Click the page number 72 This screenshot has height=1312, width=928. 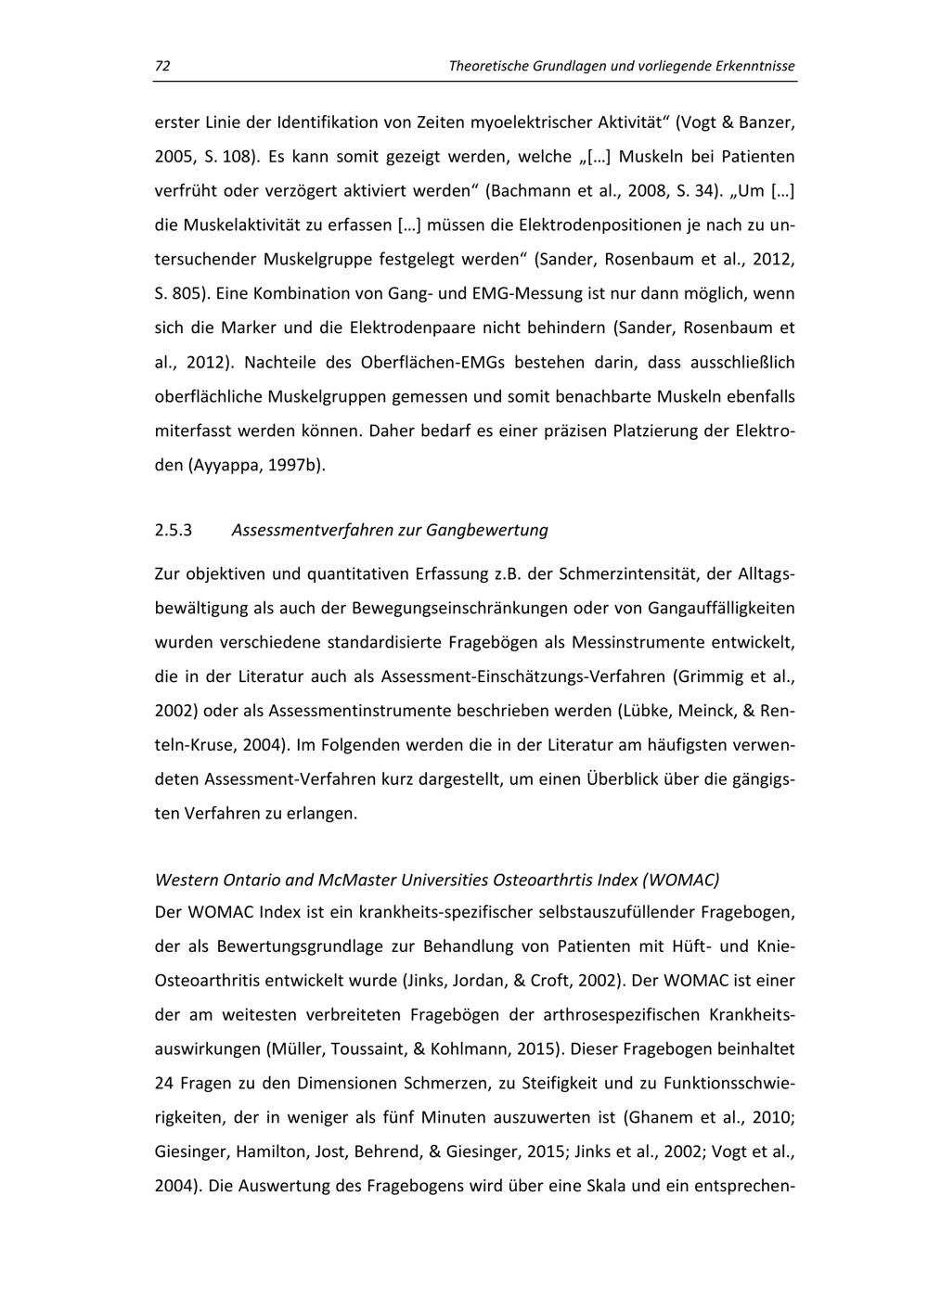pos(162,67)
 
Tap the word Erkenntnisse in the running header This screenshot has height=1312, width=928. pos(753,67)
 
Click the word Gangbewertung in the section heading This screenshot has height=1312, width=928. pos(487,531)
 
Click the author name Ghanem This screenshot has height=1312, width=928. pos(660,1117)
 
